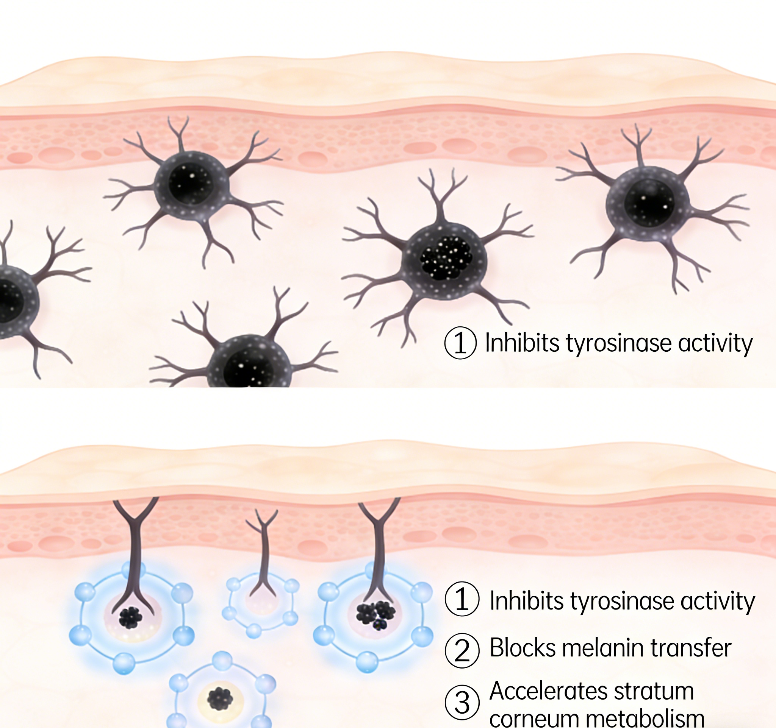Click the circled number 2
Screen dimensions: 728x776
click(462, 650)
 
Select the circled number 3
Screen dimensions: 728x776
click(462, 702)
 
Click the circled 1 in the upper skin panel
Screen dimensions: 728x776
click(461, 343)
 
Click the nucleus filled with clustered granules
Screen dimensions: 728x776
click(446, 258)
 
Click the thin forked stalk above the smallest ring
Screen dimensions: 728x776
click(264, 554)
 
